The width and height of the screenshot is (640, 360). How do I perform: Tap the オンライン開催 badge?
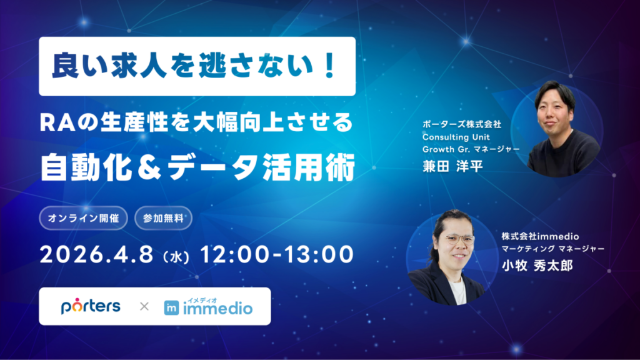click(84, 219)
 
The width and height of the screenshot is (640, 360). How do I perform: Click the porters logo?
click(91, 306)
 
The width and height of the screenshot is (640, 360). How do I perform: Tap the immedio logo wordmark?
click(217, 309)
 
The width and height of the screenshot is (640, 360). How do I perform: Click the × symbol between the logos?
click(144, 307)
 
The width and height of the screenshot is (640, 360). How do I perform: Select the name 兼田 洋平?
click(454, 166)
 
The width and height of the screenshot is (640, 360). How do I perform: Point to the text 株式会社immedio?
click(541, 236)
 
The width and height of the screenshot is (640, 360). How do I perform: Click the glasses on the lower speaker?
click(454, 239)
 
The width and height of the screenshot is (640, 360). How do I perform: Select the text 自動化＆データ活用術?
click(197, 167)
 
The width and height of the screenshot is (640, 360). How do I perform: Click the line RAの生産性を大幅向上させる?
click(196, 122)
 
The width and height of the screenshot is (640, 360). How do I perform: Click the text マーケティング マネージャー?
click(552, 249)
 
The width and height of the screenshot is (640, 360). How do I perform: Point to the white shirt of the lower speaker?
click(457, 290)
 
